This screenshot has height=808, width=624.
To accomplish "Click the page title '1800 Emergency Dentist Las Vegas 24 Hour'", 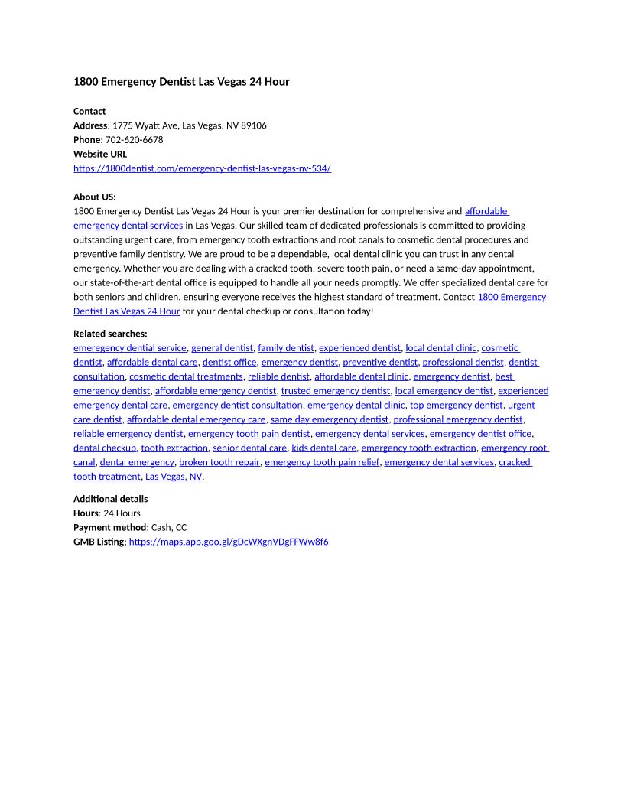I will pos(181,82).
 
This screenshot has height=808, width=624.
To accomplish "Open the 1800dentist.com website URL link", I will pos(202,168).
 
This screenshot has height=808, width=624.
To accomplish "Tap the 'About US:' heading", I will pos(95,197).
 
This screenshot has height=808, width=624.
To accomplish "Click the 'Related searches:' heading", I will pos(110,334).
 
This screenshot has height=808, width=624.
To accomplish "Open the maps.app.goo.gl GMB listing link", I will pos(229,542).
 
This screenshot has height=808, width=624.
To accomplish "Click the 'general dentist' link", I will pos(222,348).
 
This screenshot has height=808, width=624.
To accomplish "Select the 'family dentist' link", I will pos(286,348).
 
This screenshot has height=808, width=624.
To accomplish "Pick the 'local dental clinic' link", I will pos(440,348).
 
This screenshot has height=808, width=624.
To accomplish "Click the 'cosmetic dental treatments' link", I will pos(186,376).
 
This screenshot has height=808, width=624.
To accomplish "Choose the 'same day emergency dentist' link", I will pos(329,419).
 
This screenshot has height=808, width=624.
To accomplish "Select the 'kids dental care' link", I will pos(324,448).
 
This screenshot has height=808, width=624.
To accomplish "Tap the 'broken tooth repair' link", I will pos(219,462).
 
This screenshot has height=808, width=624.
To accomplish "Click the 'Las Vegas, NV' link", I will pos(174,477).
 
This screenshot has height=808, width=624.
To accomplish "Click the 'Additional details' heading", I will pos(111,499).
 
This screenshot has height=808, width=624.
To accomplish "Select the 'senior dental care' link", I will pos(250,448).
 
